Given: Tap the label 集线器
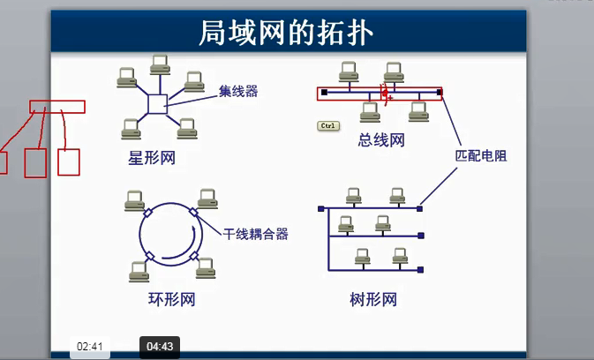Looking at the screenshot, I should point(238,90).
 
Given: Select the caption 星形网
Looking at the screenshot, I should point(152,158).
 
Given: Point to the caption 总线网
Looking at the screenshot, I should point(381,139).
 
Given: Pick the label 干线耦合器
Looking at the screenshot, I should point(255,234).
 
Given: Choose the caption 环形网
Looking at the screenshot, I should point(171,300).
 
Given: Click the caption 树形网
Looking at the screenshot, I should point(373,300).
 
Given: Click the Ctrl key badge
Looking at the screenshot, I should point(328,126).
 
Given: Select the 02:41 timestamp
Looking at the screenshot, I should point(91,347).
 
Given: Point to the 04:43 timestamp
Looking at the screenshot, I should point(159,347).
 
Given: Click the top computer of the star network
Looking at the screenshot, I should point(160,64).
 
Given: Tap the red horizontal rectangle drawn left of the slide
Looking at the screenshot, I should point(57,107).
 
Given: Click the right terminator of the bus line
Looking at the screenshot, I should point(440,91).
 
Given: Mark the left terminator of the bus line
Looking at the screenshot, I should point(324,91).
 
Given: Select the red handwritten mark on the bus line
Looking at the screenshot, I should point(385,93).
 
